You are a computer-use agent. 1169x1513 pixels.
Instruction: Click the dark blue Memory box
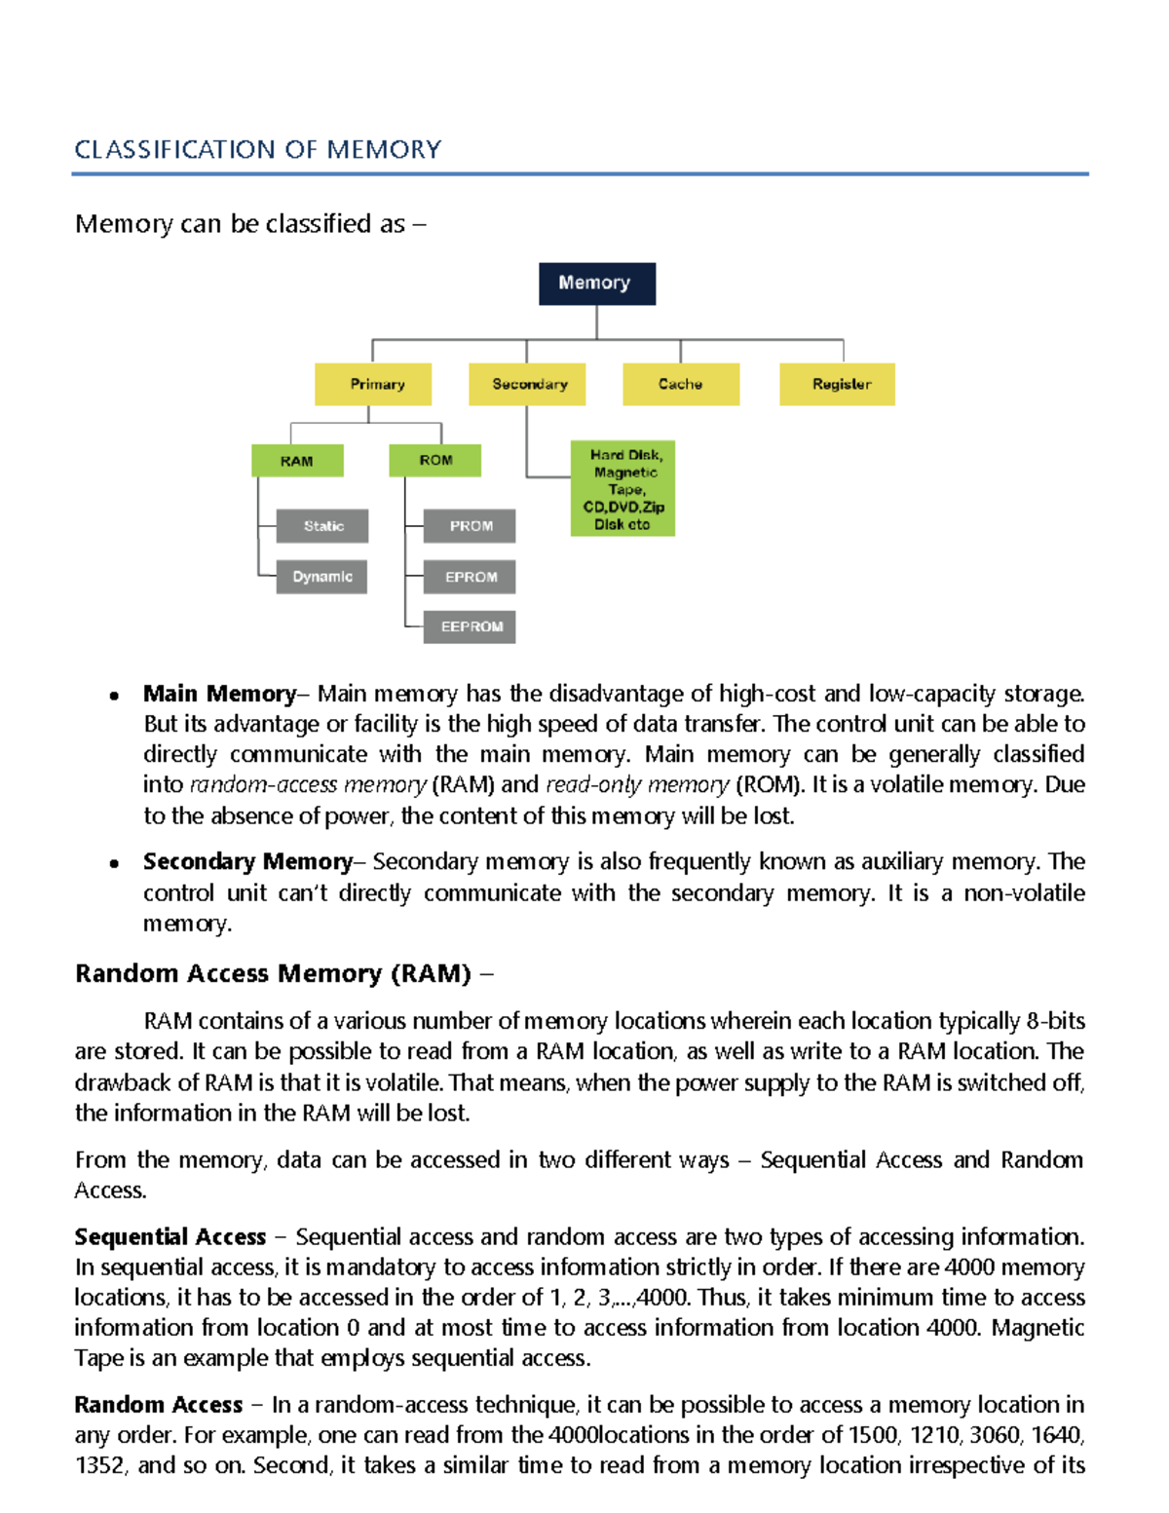596,284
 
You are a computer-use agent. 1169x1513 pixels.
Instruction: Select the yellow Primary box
373,384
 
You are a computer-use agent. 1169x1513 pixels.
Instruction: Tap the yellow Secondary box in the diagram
527,384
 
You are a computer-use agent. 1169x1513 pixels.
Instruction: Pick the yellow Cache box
681,384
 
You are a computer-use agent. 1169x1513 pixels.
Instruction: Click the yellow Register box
837,384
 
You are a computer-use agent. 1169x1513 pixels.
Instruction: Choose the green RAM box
297,461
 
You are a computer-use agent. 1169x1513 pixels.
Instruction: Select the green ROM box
434,460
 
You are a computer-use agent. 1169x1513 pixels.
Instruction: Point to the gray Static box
322,526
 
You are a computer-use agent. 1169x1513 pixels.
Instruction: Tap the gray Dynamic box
321,577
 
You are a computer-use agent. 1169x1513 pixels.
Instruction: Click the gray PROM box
470,526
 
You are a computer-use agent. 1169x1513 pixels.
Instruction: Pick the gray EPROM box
470,577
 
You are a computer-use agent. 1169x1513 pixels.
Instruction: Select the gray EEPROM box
470,626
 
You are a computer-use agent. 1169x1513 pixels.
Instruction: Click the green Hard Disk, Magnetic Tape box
622,489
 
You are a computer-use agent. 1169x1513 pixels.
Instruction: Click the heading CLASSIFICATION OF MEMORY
258,150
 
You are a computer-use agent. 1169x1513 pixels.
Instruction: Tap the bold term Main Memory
219,694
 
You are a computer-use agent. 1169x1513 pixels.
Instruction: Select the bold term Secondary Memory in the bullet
247,862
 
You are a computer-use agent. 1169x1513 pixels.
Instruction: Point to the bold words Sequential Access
170,1237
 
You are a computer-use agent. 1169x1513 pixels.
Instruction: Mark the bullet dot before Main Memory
115,696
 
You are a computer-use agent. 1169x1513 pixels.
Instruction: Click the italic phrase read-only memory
637,785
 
